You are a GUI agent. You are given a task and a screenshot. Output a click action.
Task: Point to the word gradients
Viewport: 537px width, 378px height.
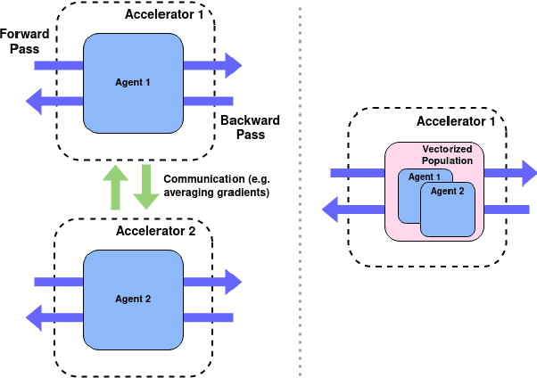(x=243, y=193)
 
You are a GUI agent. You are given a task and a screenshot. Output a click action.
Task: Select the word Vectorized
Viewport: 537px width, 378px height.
(x=447, y=148)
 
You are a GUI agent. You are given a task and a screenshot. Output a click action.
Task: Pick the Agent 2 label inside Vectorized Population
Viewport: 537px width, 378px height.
(x=448, y=191)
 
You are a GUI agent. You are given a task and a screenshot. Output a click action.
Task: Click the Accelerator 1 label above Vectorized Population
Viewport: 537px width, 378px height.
(x=455, y=120)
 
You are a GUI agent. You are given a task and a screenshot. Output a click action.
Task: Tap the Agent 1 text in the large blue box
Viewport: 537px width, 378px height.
(x=134, y=83)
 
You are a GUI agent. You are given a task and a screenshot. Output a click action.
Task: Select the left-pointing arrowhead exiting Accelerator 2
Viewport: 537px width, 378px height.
(x=36, y=316)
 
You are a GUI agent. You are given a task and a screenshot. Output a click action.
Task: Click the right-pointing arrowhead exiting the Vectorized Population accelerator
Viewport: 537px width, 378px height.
(x=527, y=173)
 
